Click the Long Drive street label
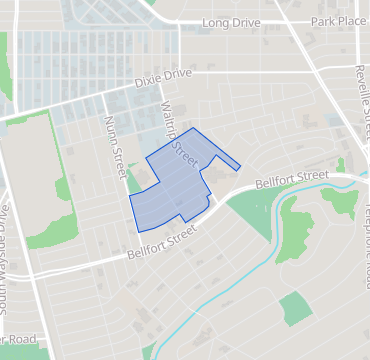click(230, 22)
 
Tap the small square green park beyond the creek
click(296, 309)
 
